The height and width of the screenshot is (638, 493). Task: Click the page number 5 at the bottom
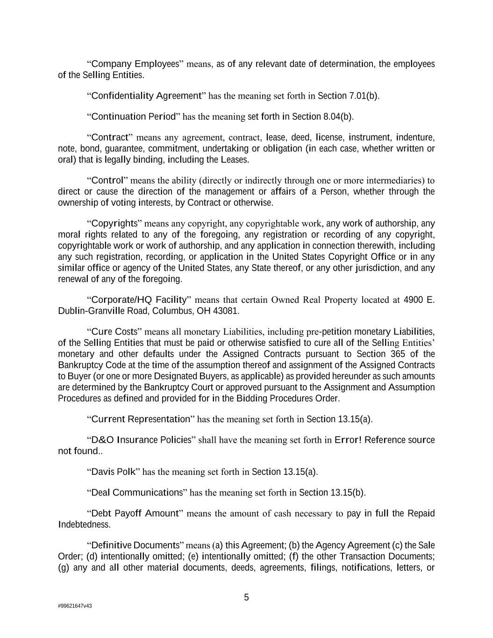click(246, 597)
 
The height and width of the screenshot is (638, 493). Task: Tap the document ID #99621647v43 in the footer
click(75, 606)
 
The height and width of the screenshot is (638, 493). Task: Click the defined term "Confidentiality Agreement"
click(146, 96)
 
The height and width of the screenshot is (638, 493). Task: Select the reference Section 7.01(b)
click(348, 96)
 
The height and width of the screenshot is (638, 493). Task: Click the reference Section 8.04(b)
click(322, 116)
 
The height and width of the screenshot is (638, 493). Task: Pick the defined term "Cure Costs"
click(114, 332)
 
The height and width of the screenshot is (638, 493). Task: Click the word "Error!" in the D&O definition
click(348, 440)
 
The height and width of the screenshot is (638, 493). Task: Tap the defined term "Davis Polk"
click(113, 472)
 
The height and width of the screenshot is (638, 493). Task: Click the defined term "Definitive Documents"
click(136, 545)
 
